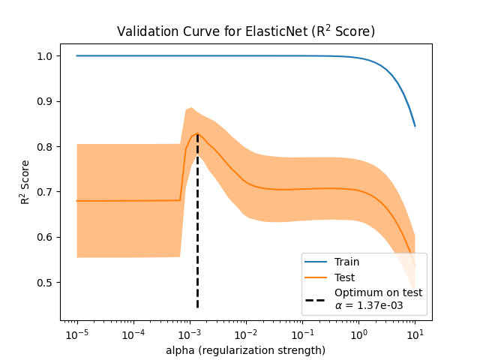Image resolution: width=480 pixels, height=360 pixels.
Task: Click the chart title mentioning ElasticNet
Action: (245, 31)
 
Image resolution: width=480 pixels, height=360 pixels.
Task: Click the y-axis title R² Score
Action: (25, 182)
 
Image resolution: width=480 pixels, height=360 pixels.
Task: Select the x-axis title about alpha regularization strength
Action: (245, 350)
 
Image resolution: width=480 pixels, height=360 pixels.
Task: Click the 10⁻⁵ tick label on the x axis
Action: (76, 333)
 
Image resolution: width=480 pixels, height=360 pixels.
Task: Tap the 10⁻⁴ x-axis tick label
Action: (133, 333)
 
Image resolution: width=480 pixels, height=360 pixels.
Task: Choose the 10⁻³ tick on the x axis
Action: (190, 333)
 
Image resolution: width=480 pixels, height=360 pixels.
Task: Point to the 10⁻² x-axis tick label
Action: (246, 333)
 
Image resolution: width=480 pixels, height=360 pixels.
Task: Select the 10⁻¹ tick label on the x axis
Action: (302, 333)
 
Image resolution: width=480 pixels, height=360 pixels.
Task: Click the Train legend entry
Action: (346, 262)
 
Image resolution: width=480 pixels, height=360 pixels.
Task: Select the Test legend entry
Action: (345, 277)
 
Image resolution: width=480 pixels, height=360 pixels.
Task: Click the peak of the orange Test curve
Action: (197, 133)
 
